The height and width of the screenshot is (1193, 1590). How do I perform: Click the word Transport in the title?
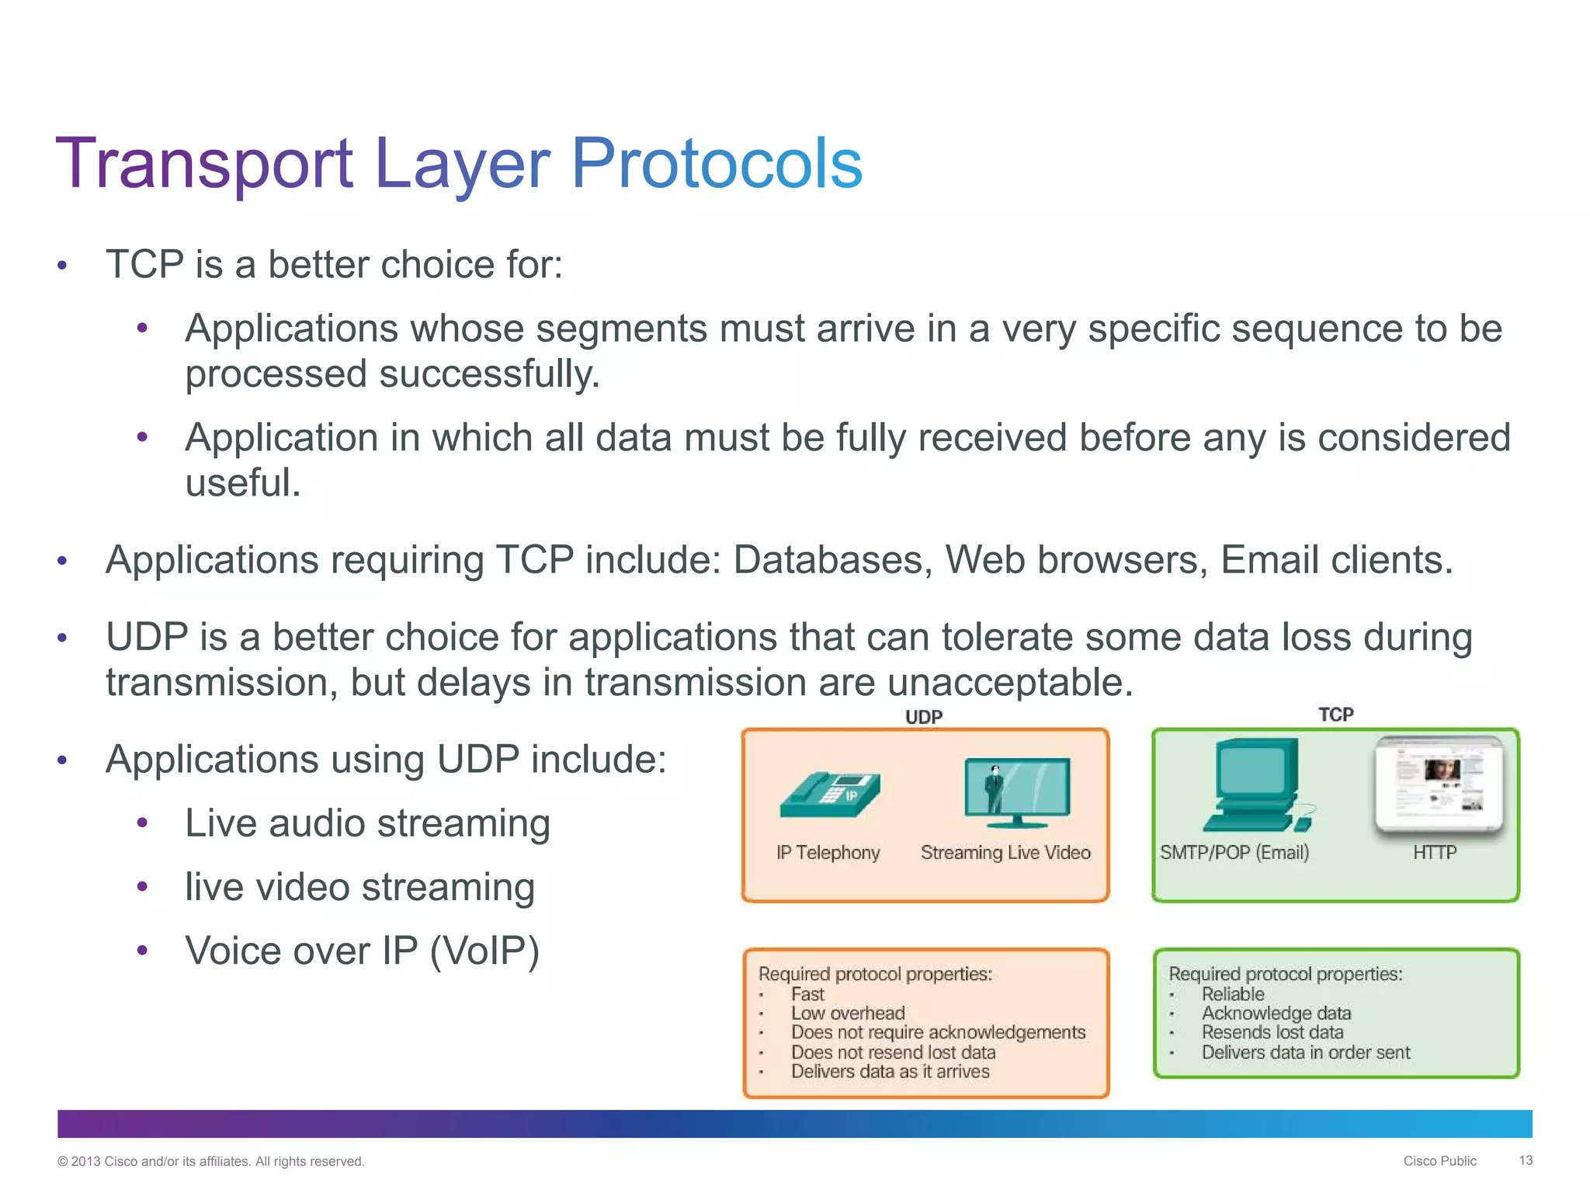[204, 165]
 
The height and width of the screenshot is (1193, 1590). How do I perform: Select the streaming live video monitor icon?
[1016, 791]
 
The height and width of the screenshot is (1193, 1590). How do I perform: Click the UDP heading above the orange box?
[923, 717]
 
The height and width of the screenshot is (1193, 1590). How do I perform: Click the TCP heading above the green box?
[1335, 715]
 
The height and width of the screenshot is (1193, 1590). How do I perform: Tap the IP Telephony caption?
[828, 853]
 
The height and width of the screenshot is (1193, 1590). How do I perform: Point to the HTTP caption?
[1434, 853]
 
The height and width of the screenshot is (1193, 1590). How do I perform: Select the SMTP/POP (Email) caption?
[1234, 853]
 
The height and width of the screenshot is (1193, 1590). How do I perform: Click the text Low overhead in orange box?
[848, 1013]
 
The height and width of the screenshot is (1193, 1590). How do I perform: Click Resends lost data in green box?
[1272, 1032]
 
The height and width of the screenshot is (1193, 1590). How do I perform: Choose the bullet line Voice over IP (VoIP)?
[361, 951]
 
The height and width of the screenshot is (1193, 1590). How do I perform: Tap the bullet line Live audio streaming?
[367, 823]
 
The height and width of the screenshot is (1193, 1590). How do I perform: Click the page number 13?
[1525, 1160]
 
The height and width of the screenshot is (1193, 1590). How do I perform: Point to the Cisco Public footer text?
[1439, 1161]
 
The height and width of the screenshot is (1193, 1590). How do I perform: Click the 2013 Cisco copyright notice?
[210, 1161]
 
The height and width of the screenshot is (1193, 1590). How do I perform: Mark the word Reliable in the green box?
[1233, 994]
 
